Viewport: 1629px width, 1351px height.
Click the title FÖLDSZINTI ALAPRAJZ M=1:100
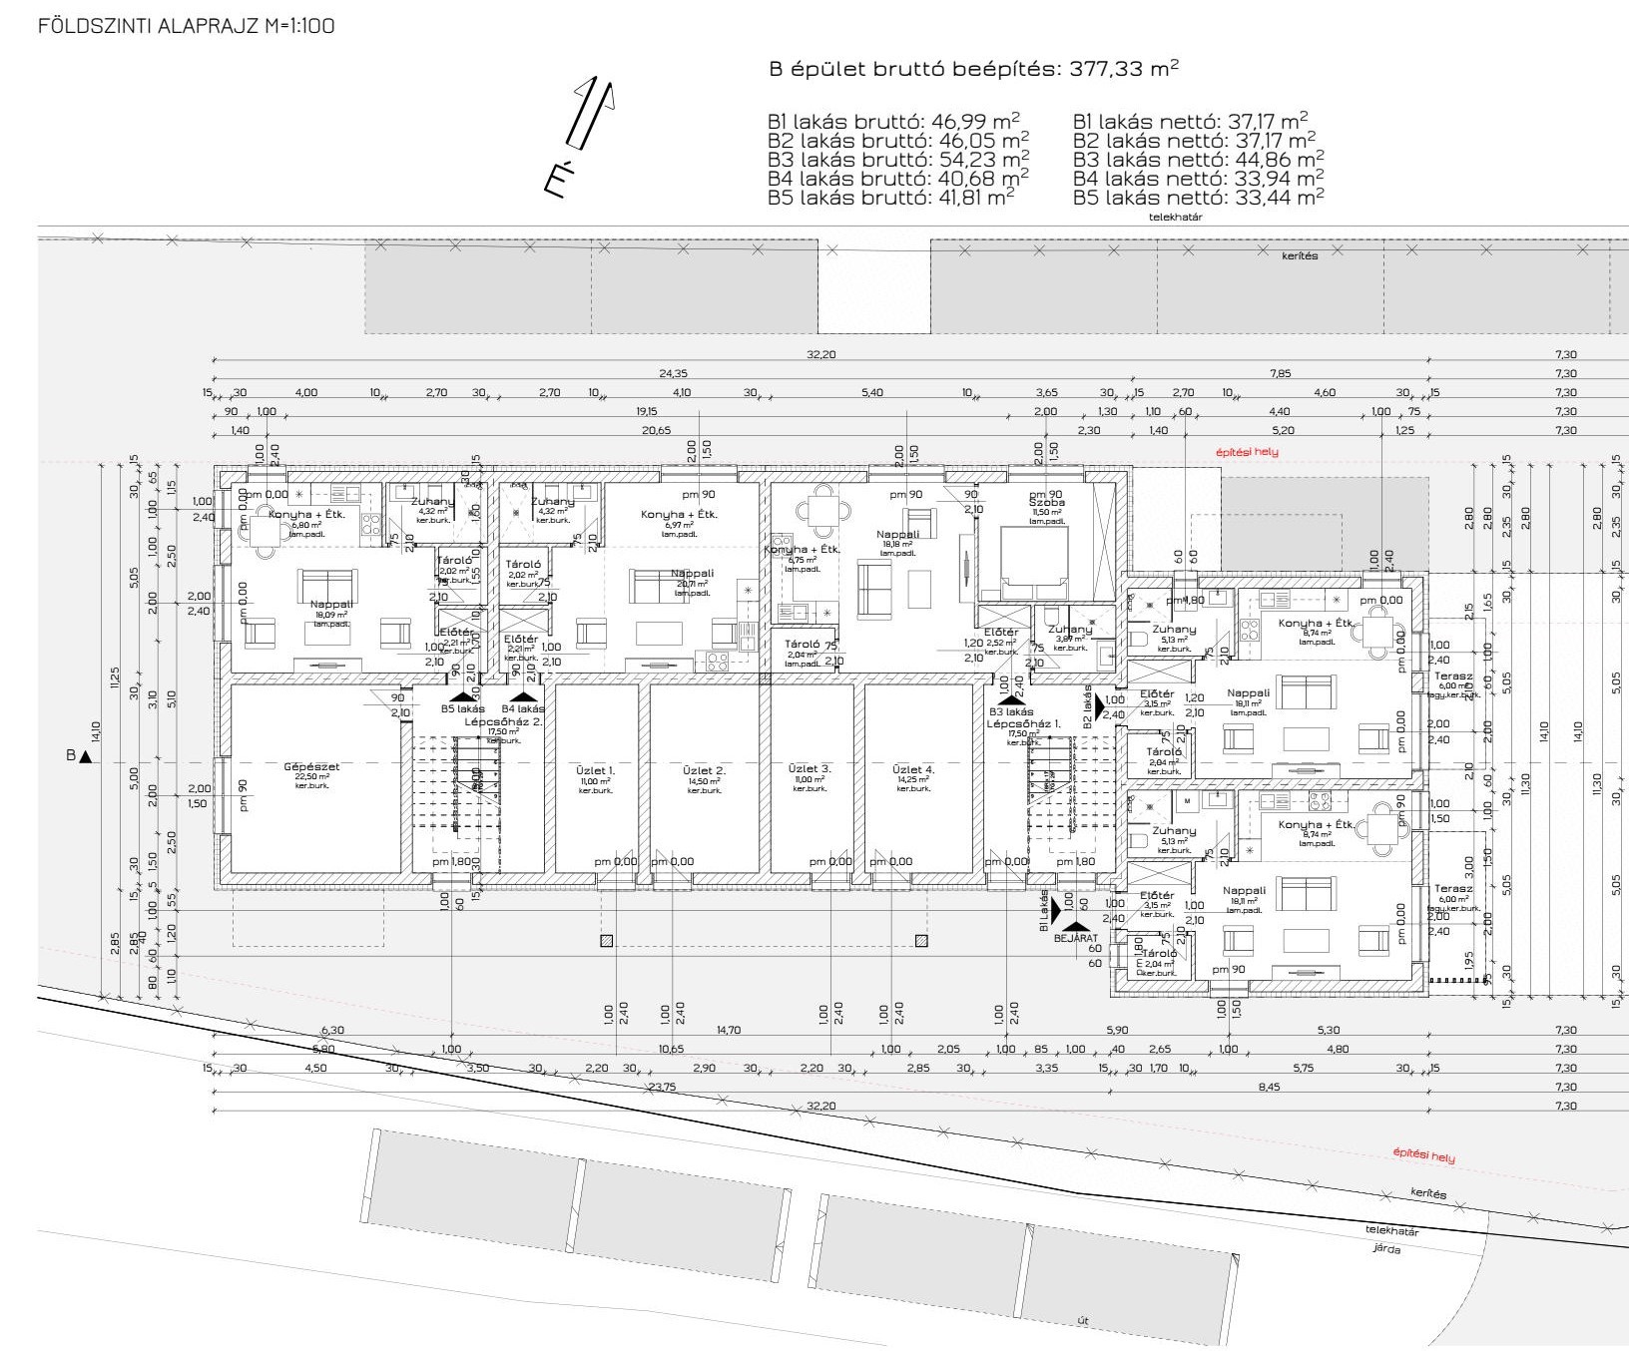pyautogui.click(x=186, y=27)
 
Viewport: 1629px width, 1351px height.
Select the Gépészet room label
pyautogui.click(x=311, y=767)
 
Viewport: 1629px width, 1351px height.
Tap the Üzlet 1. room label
pyautogui.click(x=595, y=770)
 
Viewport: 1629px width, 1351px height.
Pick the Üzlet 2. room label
pyautogui.click(x=704, y=770)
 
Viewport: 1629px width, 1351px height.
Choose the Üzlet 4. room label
pyautogui.click(x=914, y=769)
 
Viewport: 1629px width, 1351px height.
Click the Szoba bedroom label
pyautogui.click(x=1048, y=503)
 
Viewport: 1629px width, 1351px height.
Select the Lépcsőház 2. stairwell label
pyautogui.click(x=503, y=720)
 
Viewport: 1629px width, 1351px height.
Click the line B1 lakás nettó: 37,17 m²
pyautogui.click(x=1190, y=123)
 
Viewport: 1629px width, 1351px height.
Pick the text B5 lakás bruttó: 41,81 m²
pyautogui.click(x=891, y=198)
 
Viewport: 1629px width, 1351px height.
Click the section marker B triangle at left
pyautogui.click(x=85, y=756)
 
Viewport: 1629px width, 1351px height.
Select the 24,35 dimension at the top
pyautogui.click(x=673, y=373)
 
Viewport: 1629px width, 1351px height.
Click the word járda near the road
pyautogui.click(x=1386, y=1248)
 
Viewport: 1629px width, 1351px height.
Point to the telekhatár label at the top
pyautogui.click(x=1174, y=216)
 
